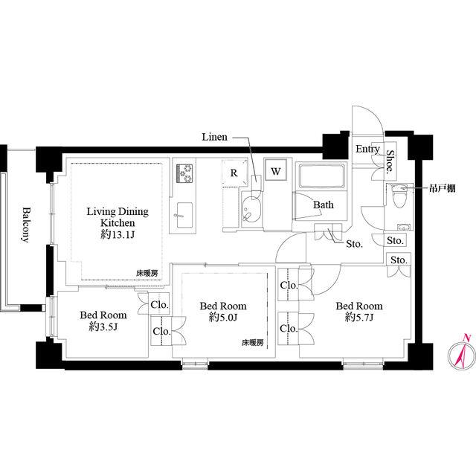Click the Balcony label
[27, 225]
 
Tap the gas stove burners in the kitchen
[184, 173]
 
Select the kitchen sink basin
[184, 215]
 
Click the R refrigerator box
[234, 173]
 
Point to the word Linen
[215, 137]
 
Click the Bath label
[324, 205]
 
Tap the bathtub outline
[322, 176]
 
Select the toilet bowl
[399, 196]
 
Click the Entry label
[367, 149]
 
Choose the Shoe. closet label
[390, 162]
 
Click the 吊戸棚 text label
[442, 188]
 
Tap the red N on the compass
[467, 337]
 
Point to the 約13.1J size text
[118, 234]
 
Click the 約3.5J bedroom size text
[103, 327]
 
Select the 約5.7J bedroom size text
[359, 318]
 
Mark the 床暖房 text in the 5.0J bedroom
[253, 343]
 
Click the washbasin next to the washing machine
[251, 209]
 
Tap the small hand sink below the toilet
[403, 227]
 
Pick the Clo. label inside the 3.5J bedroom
[159, 304]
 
